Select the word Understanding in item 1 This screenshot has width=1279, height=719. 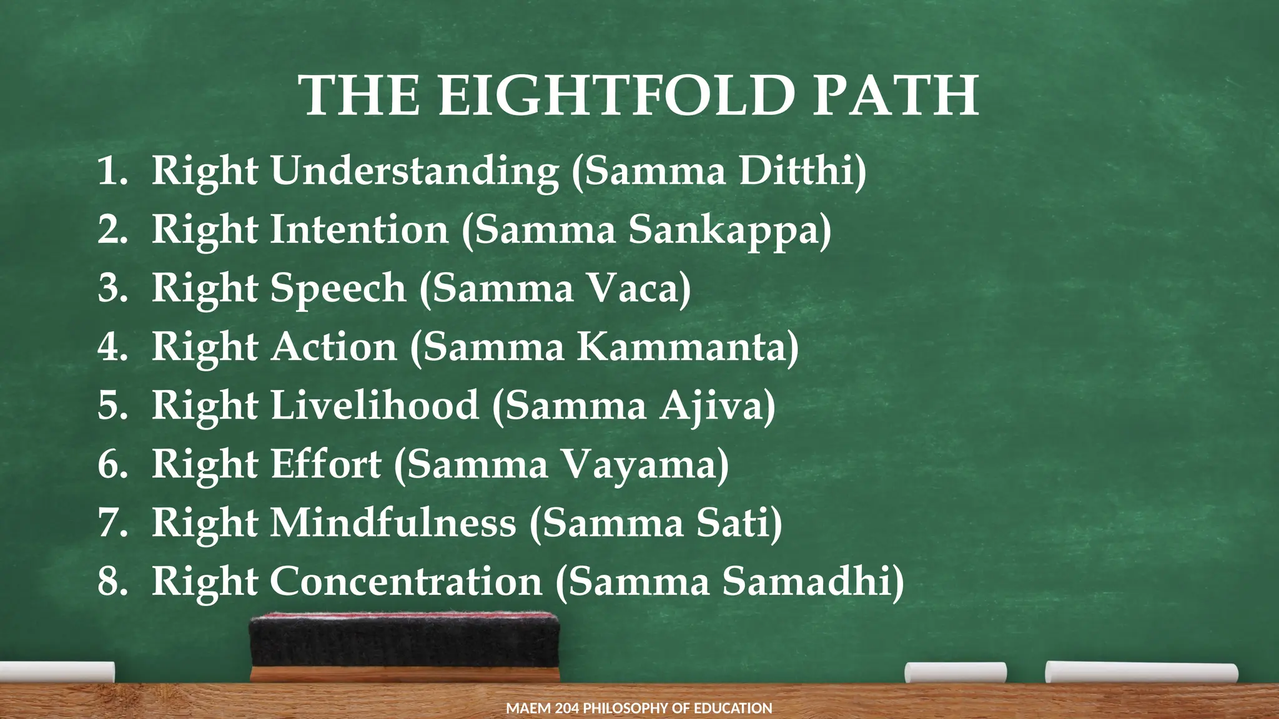[x=415, y=170]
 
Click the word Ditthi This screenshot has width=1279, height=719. [x=802, y=170]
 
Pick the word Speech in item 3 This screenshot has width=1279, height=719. [x=338, y=288]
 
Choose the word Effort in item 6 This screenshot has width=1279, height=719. [x=325, y=464]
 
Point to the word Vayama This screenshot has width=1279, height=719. [x=643, y=465]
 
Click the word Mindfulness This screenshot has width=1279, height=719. [x=393, y=522]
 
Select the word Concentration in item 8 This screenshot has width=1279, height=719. [x=406, y=581]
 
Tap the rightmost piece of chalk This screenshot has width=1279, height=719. [x=1141, y=672]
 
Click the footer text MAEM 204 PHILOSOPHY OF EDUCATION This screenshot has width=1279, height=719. [x=639, y=708]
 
